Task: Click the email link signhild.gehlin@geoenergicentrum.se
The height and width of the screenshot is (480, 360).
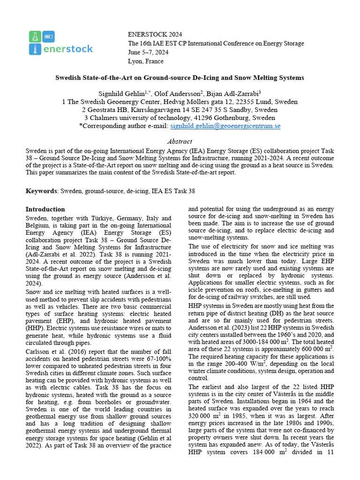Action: coord(225,126)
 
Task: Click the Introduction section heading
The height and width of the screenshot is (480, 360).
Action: coord(45,209)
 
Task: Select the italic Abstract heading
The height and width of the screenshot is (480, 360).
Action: coord(180,142)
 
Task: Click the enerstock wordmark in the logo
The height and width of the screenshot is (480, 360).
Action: coord(68,49)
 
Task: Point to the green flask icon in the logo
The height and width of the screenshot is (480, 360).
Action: coord(34,36)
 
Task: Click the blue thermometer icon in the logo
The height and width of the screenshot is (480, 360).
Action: coord(34,49)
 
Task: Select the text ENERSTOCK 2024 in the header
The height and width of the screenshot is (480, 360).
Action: coord(155,35)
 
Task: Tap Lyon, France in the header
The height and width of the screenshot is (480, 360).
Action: coord(145,61)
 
